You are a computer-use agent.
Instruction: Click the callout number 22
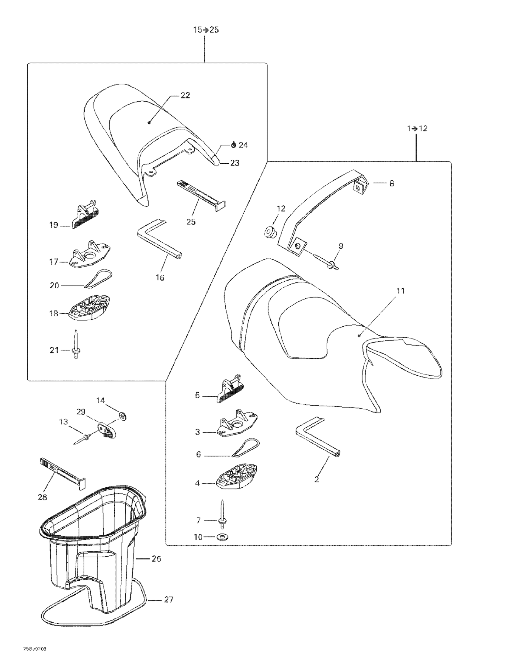[185, 95]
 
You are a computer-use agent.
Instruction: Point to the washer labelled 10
[220, 537]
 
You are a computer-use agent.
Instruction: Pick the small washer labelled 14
[123, 417]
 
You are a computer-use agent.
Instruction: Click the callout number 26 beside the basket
[156, 558]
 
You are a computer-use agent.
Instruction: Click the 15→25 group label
[206, 30]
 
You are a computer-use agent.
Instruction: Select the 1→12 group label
[417, 128]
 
